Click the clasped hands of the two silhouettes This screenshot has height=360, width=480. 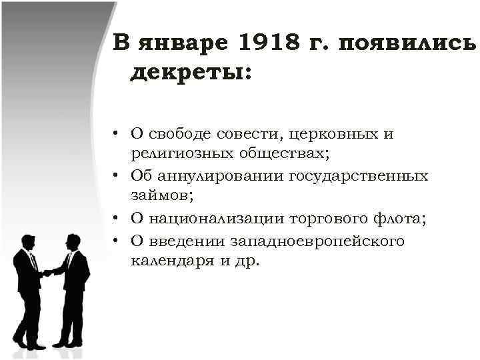47,272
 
